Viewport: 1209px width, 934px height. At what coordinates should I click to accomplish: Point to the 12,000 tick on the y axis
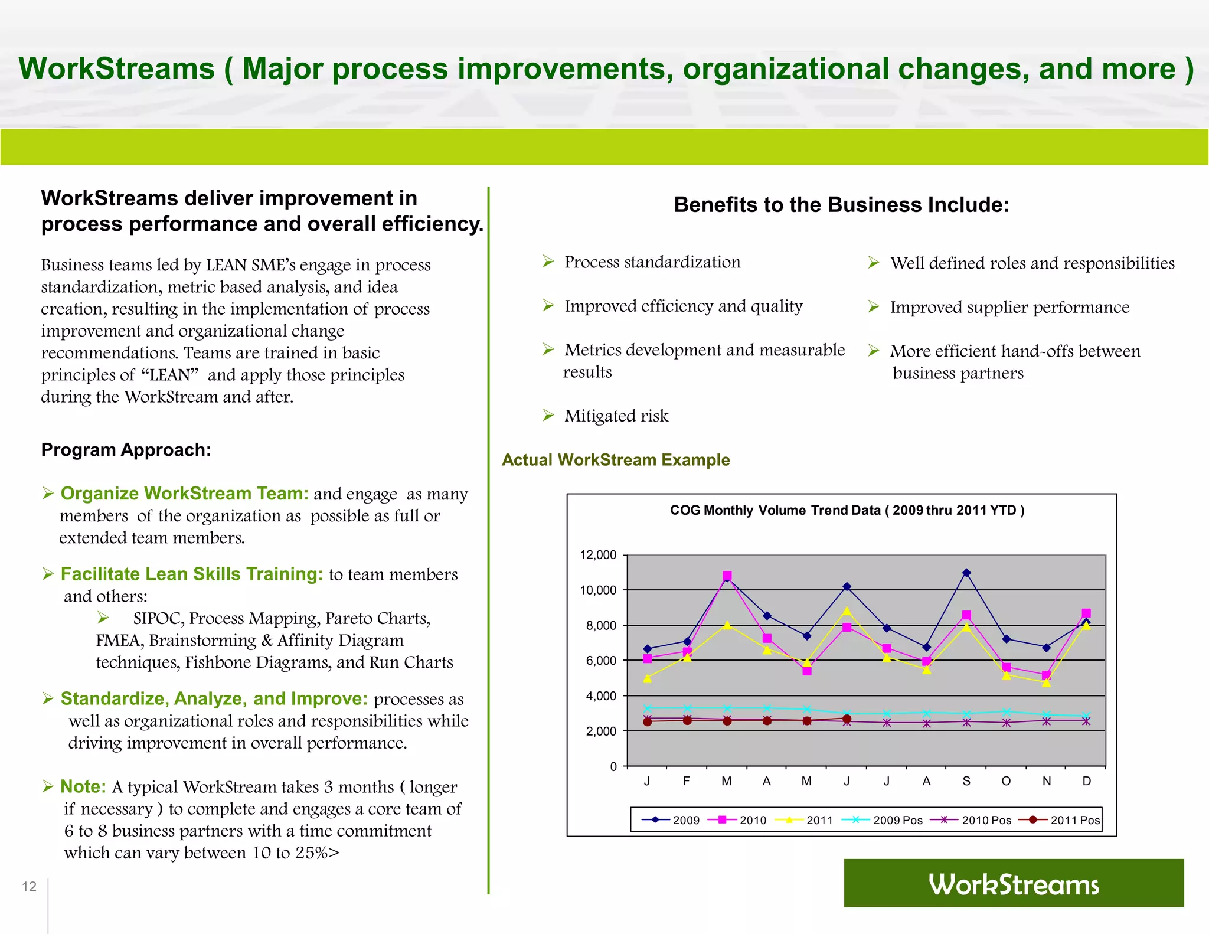pos(598,555)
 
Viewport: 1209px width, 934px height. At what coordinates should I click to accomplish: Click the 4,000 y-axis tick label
pos(600,696)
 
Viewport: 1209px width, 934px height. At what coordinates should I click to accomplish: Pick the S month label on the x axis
pos(966,781)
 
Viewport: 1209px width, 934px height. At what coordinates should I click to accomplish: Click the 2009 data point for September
pos(966,573)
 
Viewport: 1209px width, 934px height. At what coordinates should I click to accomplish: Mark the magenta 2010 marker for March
pos(727,576)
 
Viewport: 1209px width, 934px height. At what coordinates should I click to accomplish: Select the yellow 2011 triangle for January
pos(648,679)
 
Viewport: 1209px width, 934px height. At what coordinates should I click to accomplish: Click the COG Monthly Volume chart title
pos(847,510)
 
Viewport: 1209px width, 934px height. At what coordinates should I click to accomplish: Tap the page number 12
pos(29,886)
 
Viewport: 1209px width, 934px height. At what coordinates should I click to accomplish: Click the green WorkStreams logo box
pos(1014,883)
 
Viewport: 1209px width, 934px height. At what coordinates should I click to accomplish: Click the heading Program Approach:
pos(126,450)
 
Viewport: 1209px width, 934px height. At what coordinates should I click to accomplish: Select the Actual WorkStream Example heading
pos(616,460)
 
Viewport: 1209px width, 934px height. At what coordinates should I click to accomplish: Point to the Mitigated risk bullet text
pos(616,416)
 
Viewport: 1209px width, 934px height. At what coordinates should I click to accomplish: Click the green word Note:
pos(83,786)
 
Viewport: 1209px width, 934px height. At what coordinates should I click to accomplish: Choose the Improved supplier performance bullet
pos(1009,307)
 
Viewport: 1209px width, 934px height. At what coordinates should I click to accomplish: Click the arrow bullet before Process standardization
pos(548,262)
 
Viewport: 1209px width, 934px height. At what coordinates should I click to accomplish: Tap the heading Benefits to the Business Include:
pos(841,205)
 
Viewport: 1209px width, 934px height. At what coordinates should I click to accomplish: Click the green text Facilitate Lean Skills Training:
pos(192,574)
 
